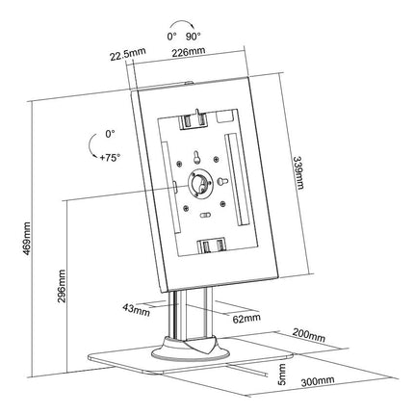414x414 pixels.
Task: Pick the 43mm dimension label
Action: [136, 309]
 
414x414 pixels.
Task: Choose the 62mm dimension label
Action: [246, 316]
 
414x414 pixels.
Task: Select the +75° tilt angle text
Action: [109, 155]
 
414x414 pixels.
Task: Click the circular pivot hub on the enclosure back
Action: [202, 182]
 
